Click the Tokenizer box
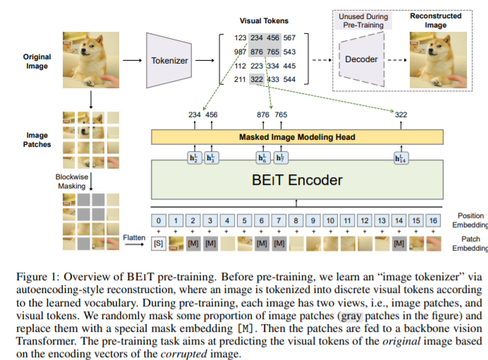click(170, 61)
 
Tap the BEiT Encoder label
click(297, 180)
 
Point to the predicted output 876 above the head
click(264, 114)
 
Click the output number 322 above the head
click(401, 114)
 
